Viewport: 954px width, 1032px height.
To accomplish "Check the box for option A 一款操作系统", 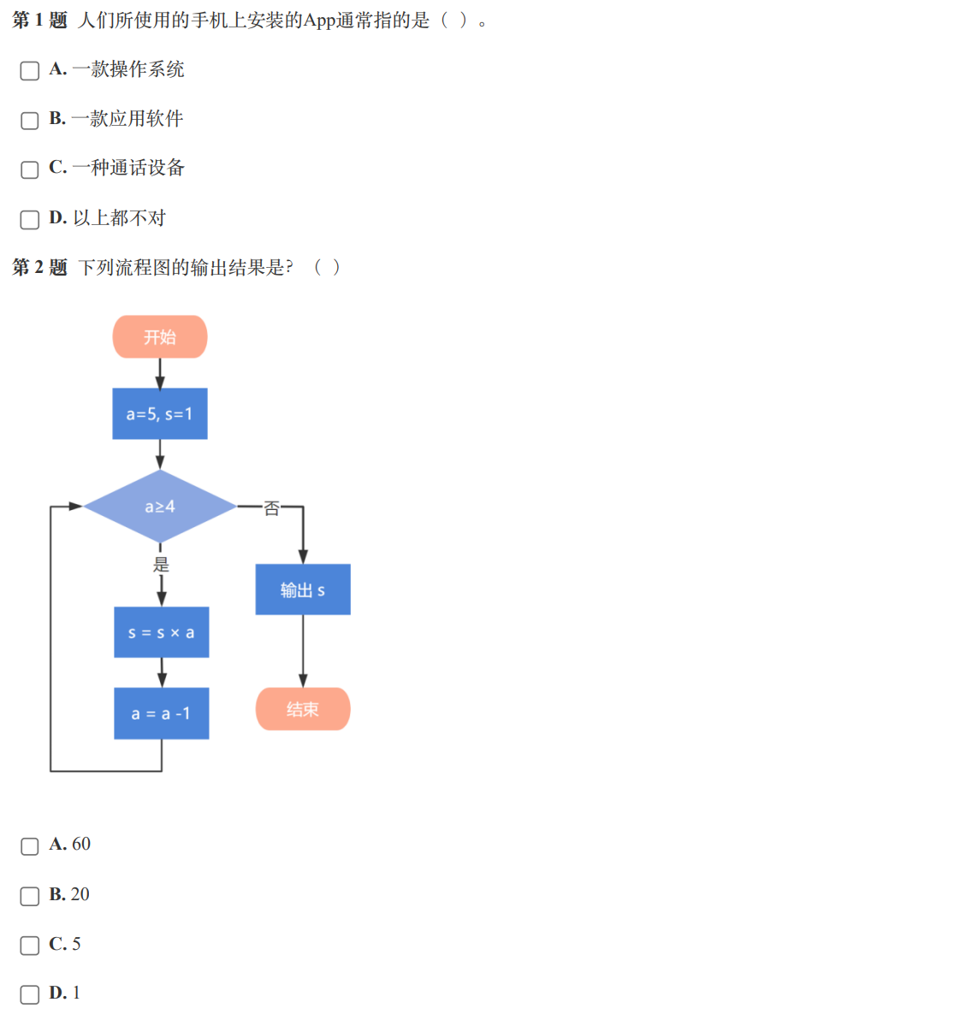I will coord(30,70).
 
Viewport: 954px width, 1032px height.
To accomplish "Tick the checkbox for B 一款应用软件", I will coord(30,120).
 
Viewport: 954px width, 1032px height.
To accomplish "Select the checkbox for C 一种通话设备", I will coord(30,169).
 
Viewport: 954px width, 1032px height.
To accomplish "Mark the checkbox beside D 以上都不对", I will coord(30,219).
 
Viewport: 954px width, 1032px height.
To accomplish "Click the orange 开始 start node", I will coord(160,337).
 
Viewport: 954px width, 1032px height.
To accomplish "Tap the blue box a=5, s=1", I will coord(160,414).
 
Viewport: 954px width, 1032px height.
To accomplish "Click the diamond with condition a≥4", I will coord(160,507).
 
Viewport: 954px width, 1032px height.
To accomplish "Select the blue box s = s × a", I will coord(162,632).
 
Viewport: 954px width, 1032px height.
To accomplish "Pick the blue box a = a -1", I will coord(162,714).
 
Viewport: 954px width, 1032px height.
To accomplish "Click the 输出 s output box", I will coord(303,590).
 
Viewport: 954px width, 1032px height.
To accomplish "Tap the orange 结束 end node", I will coord(303,709).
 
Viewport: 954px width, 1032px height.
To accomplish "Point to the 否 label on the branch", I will coord(271,508).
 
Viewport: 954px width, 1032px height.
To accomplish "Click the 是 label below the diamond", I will coord(161,564).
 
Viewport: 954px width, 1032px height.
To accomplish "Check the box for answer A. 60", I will coord(30,846).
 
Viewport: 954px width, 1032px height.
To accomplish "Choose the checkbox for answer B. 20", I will coord(30,896).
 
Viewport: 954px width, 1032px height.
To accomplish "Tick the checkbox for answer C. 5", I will coord(30,946).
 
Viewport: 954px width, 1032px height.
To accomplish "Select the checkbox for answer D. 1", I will coord(30,994).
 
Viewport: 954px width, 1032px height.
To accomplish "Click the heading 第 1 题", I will coord(39,21).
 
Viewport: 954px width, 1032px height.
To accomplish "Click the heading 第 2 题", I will coord(39,268).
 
